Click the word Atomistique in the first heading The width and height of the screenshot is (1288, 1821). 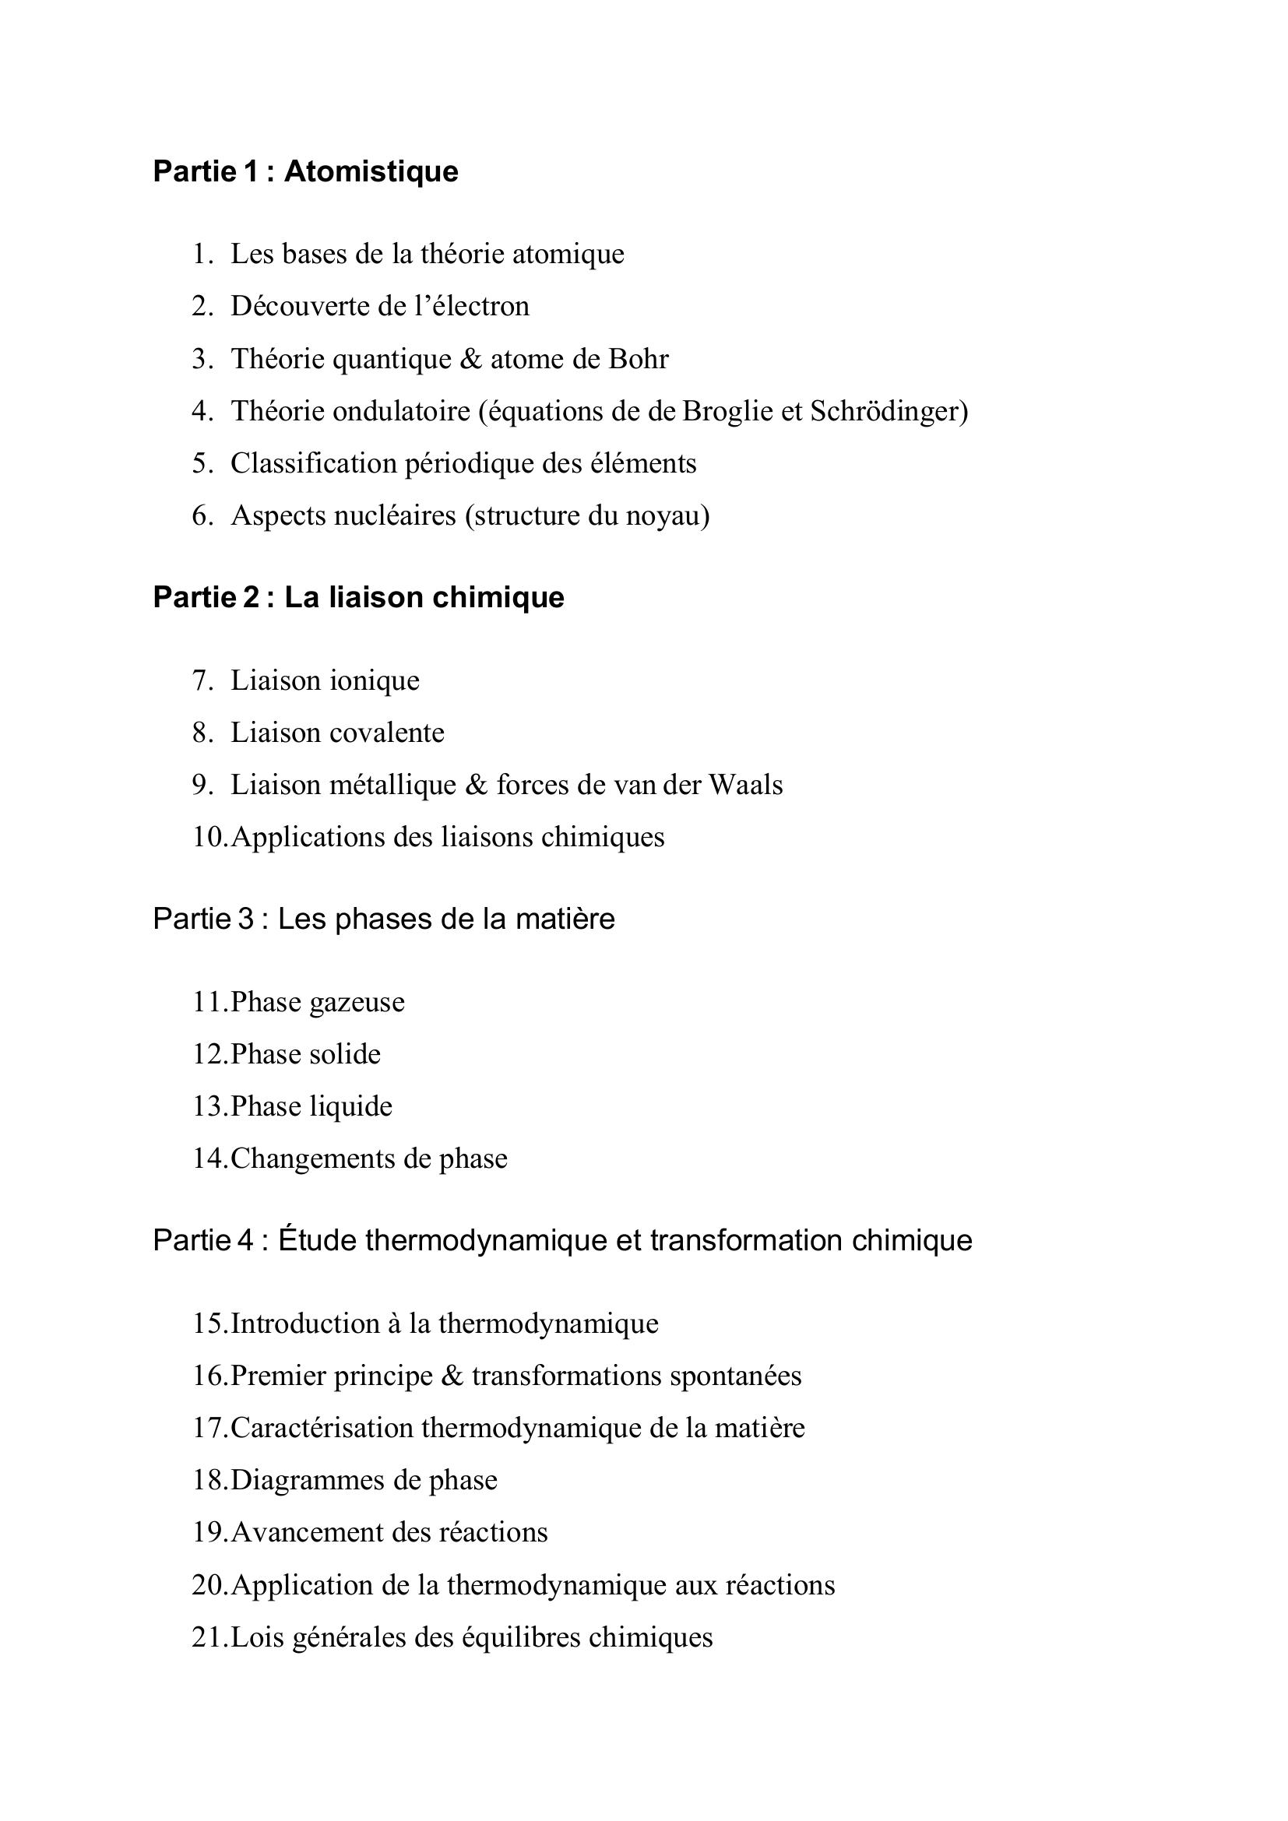click(x=371, y=171)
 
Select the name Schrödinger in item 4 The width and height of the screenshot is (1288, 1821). click(x=889, y=412)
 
